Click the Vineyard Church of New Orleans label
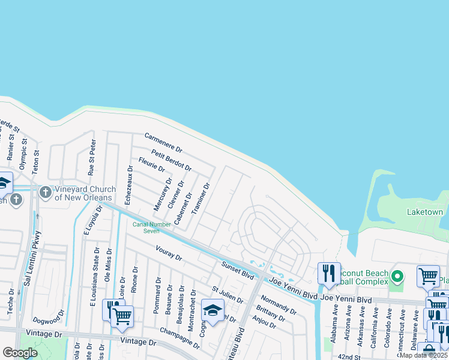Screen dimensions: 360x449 [83, 193]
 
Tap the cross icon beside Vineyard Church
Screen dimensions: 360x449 [45, 193]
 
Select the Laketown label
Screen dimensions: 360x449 [425, 212]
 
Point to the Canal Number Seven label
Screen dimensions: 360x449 [146, 227]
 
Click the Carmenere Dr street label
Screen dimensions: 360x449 [163, 142]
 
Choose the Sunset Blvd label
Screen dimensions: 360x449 [238, 271]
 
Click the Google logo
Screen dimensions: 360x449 [20, 353]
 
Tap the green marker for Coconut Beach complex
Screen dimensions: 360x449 [396, 277]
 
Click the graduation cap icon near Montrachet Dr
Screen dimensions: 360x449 [212, 310]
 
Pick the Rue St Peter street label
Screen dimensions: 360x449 [92, 157]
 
